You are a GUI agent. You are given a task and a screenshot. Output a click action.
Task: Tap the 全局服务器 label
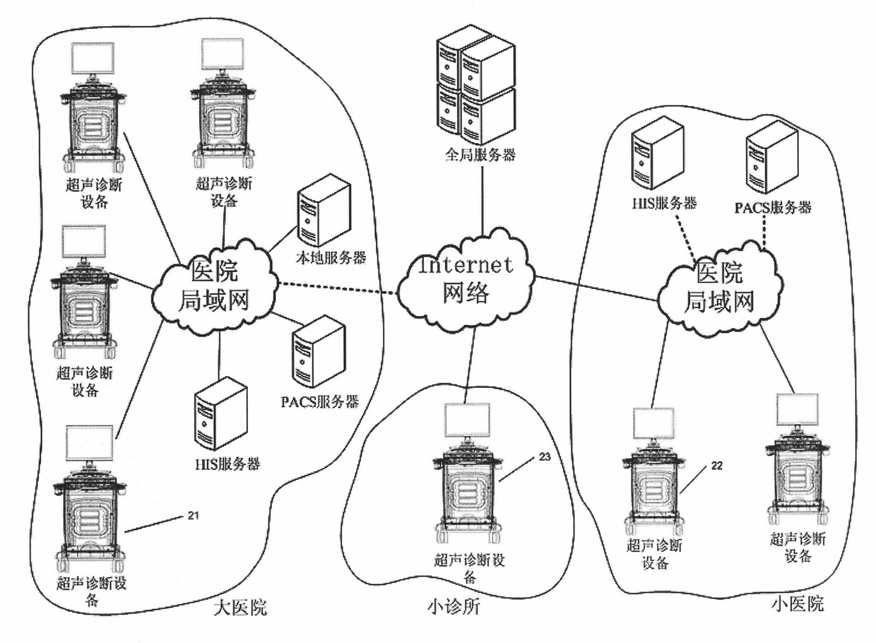pos(480,155)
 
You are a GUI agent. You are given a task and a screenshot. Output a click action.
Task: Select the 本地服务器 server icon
pos(324,211)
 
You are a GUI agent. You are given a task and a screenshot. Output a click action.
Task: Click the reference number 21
pos(193,516)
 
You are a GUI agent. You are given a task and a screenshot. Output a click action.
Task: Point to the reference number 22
pos(716,466)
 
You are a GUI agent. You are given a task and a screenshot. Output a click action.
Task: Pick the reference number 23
pos(545,456)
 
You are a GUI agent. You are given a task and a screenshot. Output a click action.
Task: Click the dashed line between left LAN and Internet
pos(338,288)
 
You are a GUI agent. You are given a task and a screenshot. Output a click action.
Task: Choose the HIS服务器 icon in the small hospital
pos(658,155)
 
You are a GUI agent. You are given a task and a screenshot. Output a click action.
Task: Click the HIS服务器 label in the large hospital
pos(227,464)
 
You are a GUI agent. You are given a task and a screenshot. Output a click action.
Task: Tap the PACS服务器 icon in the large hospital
pos(319,352)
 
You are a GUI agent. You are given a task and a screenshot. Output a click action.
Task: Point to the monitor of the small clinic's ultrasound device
pos(468,420)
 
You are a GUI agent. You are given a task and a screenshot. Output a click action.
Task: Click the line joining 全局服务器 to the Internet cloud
pos(482,199)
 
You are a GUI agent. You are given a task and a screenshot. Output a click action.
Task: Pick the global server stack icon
pos(475,84)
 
